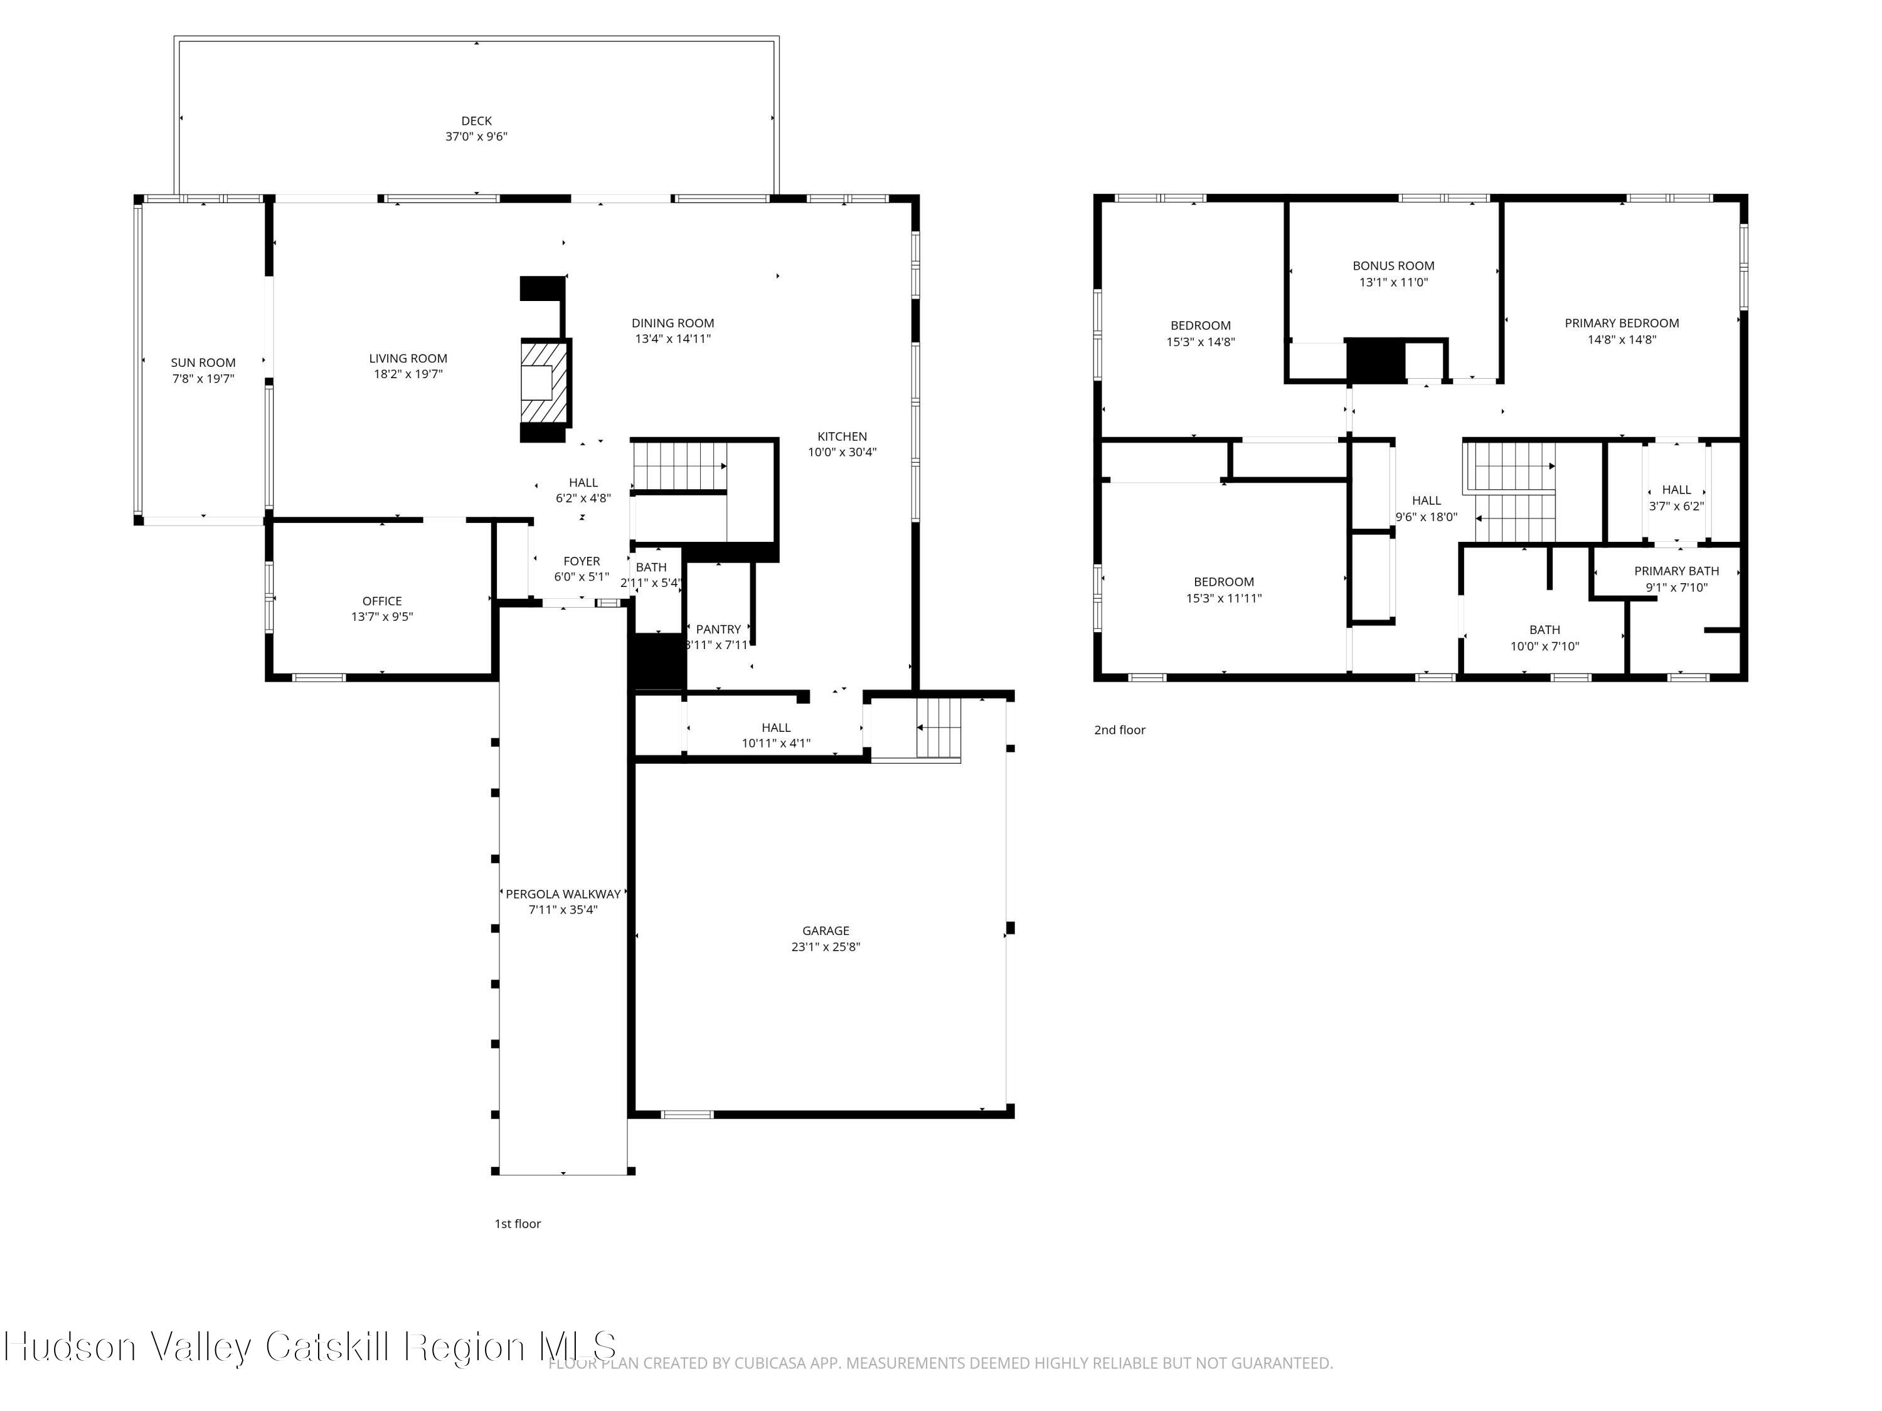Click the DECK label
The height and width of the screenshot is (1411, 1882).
click(476, 121)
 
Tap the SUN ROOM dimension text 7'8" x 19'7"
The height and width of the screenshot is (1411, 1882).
click(203, 379)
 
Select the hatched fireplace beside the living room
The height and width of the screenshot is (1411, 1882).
click(545, 382)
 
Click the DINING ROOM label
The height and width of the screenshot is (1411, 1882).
click(672, 323)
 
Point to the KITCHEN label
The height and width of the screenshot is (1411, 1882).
click(841, 436)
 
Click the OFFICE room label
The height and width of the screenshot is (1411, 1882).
click(381, 601)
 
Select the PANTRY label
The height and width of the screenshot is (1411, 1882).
click(718, 630)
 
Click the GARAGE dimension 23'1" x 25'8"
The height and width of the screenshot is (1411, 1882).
click(826, 946)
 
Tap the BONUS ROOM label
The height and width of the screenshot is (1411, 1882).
click(1393, 265)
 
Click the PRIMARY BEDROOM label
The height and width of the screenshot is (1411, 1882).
click(1621, 323)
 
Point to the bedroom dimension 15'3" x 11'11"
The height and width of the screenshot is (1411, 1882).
click(1223, 598)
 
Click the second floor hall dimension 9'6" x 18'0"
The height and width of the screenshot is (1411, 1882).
click(1426, 516)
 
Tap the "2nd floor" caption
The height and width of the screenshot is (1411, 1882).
click(1119, 730)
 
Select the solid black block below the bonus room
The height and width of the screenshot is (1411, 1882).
click(1374, 360)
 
